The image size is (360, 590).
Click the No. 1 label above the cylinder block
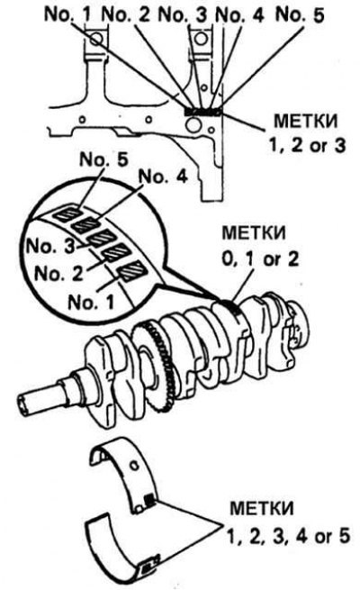pos(67,14)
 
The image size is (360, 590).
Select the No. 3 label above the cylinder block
pos(183,15)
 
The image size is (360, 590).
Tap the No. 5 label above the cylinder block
pos(301,15)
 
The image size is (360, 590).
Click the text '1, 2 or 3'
pos(306,145)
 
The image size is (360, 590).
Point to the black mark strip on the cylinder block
pos(203,112)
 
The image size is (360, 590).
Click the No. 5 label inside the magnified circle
pos(103,159)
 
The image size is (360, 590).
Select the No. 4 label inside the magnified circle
pos(163,176)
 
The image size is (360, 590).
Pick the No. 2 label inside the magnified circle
pos(58,274)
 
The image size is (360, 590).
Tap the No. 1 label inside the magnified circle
pos(91,302)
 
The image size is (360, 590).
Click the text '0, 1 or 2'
pos(260,259)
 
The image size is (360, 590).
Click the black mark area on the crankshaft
pos(232,304)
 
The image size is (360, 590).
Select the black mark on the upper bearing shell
pos(149,499)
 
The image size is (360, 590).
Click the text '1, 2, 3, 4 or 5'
pos(288,536)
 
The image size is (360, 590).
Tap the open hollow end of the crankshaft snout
pos(23,405)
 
